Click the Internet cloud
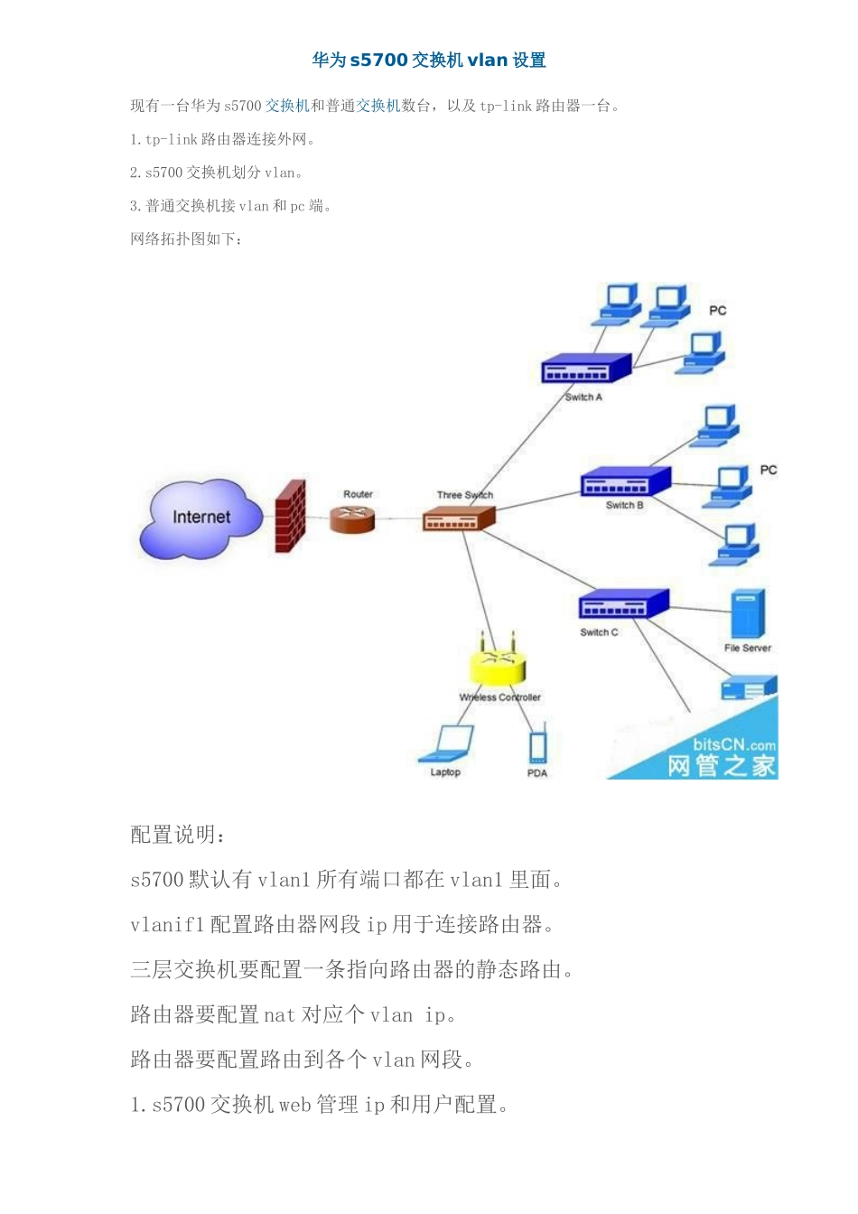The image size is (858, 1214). pyautogui.click(x=201, y=518)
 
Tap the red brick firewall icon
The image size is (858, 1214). pyautogui.click(x=291, y=516)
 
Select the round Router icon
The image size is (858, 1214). pyautogui.click(x=351, y=519)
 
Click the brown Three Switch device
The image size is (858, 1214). pyautogui.click(x=459, y=518)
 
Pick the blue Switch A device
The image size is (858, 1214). pyautogui.click(x=586, y=368)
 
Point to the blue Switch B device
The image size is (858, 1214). pyautogui.click(x=625, y=481)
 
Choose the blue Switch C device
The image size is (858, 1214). pyautogui.click(x=624, y=603)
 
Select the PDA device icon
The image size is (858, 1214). pyautogui.click(x=537, y=748)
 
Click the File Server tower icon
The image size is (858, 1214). pyautogui.click(x=748, y=613)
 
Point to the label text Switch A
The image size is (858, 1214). pyautogui.click(x=583, y=397)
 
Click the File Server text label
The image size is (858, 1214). pyautogui.click(x=748, y=648)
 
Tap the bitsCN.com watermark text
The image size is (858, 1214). pyautogui.click(x=734, y=744)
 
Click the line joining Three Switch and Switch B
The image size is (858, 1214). pyautogui.click(x=537, y=501)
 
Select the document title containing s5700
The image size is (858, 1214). pyautogui.click(x=429, y=60)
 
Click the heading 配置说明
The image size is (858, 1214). pyautogui.click(x=177, y=835)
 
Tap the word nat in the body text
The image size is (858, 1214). pyautogui.click(x=280, y=1014)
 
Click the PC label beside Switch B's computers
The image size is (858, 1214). pyautogui.click(x=768, y=470)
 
